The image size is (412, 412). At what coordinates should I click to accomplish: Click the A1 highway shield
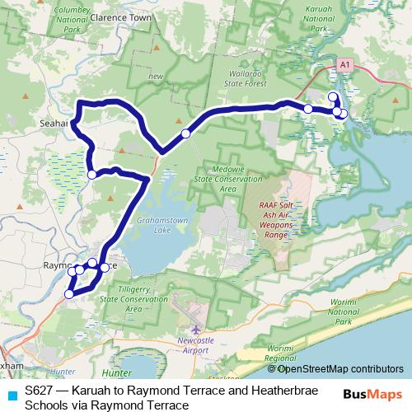(x=344, y=63)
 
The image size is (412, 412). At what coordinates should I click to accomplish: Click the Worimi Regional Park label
(x=280, y=354)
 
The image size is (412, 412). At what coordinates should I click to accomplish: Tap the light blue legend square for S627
(x=12, y=395)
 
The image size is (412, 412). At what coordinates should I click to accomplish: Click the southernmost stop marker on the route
(x=69, y=293)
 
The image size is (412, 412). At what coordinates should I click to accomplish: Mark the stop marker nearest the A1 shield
(x=333, y=97)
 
